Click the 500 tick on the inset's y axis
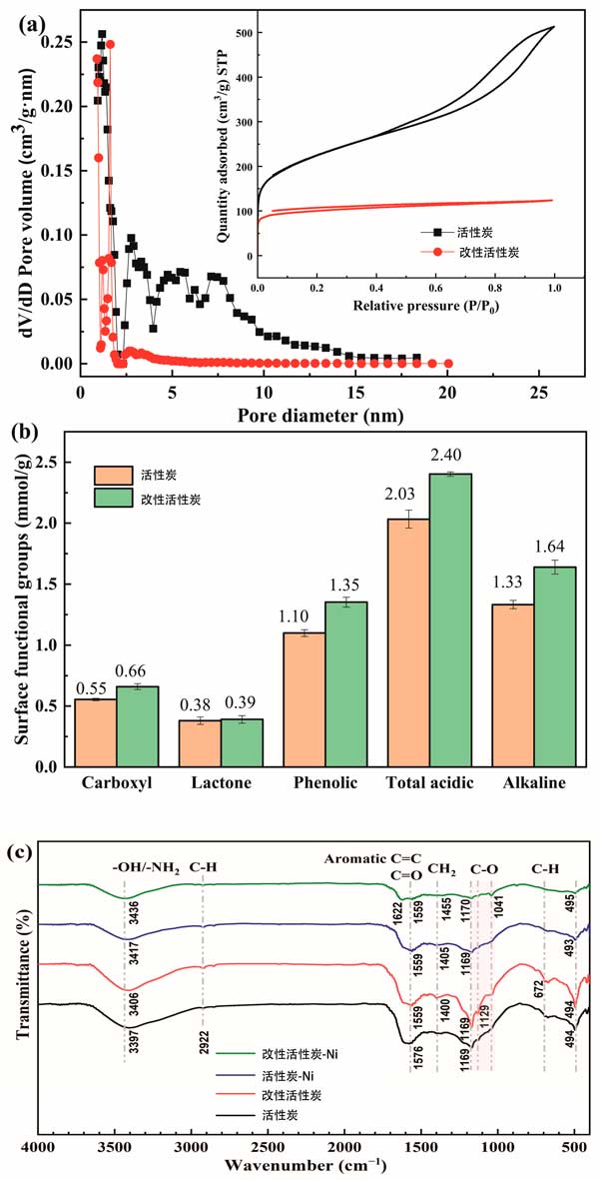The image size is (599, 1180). click(243, 33)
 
